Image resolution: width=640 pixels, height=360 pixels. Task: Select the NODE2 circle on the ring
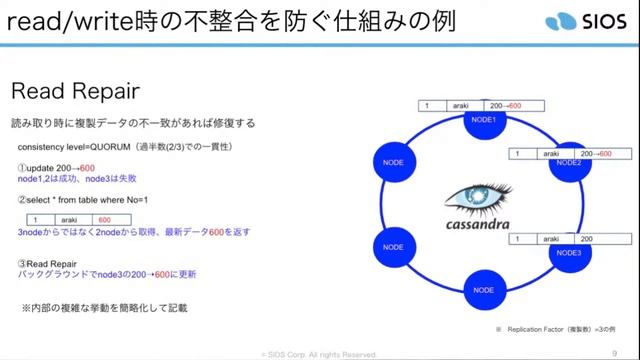click(x=569, y=162)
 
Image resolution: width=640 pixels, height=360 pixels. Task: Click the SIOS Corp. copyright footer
click(x=319, y=354)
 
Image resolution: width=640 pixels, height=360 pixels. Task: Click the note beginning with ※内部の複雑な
click(x=104, y=307)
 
